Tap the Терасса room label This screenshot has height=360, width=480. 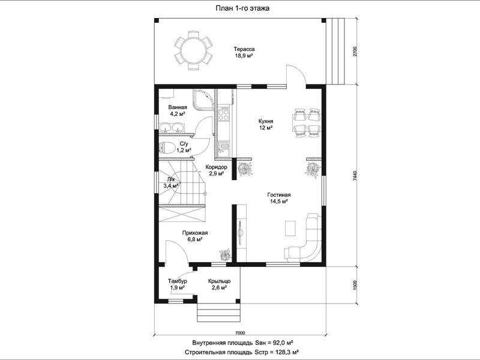coord(244,49)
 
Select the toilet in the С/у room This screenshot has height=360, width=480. coord(167,148)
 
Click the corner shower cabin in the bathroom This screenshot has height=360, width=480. coord(203,100)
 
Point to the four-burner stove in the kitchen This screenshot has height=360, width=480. coord(223,114)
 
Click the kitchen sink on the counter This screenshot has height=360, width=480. coord(224,148)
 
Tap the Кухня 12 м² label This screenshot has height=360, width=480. coord(266,124)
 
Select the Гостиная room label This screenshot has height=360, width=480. coord(278,194)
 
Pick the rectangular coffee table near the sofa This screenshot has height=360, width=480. coord(290,228)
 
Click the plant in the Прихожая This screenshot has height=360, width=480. coord(226,254)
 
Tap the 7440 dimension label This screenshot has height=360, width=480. coord(355,176)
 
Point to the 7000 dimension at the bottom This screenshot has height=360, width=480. coord(241,333)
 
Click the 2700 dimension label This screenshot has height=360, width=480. coord(355,52)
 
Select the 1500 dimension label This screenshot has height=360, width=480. coord(355,284)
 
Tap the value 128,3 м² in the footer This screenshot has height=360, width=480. coord(286,352)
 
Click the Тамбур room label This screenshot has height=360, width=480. coord(177,281)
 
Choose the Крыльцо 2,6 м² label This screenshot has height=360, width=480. coord(219,284)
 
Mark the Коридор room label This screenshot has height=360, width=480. coord(216,167)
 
